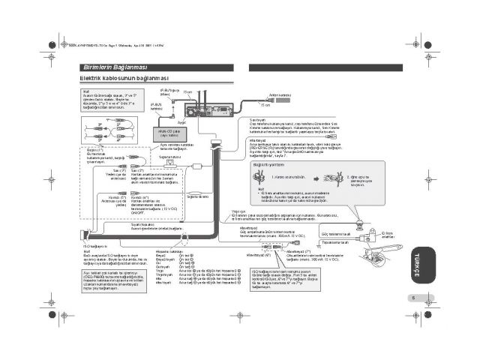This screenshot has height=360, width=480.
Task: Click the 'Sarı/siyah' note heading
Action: [x=257, y=119]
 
